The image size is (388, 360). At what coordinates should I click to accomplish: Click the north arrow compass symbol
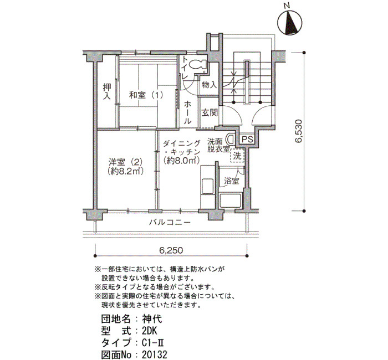290,22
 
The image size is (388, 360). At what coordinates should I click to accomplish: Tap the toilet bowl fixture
198,65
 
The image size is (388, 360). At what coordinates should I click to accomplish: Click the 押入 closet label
107,92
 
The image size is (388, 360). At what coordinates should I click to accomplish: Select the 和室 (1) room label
146,95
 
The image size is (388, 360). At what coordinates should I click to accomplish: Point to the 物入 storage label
209,85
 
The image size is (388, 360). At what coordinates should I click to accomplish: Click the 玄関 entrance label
210,113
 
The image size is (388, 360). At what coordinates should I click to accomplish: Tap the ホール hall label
187,112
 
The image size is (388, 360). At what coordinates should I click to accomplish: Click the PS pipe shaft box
247,139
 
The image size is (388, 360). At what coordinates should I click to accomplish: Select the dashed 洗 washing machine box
238,156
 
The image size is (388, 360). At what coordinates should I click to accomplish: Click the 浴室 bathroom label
232,181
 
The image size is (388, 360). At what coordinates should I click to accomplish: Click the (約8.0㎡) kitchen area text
181,161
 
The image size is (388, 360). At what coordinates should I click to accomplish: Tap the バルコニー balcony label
170,222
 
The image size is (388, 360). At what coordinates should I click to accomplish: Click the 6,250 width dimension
171,250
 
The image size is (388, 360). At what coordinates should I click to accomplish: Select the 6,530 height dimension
299,131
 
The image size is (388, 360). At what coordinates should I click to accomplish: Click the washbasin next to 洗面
231,139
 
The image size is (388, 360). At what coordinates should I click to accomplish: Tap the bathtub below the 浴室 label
231,200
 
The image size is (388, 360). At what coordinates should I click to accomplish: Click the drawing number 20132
155,354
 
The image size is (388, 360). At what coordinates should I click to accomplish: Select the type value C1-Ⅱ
153,343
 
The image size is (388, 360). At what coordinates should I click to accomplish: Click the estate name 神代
152,319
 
